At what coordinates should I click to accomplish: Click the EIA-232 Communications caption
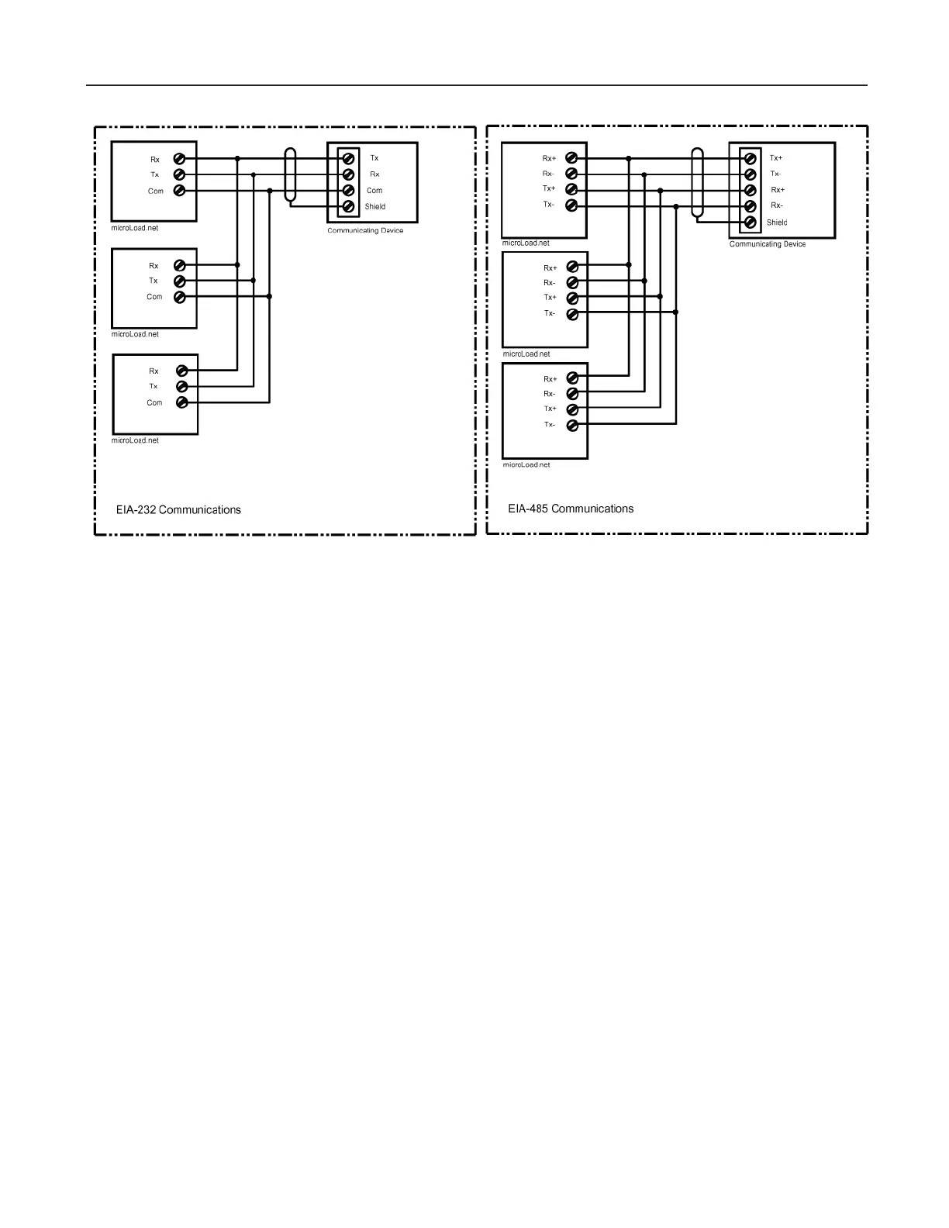coord(178,510)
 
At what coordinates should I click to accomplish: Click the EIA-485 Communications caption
coord(571,509)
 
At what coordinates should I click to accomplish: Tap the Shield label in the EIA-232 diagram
coord(375,207)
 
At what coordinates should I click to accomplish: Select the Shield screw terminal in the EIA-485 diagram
coord(750,222)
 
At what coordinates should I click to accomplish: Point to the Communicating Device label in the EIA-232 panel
coord(365,231)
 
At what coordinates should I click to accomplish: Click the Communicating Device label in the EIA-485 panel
coord(767,244)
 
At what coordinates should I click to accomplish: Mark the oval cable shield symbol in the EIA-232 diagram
coord(291,177)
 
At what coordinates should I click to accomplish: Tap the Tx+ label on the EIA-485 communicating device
coord(776,158)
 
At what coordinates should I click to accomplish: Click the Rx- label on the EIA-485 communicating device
coord(776,206)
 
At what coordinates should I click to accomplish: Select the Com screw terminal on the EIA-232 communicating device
coord(349,191)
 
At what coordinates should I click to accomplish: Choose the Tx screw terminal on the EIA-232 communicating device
coord(349,158)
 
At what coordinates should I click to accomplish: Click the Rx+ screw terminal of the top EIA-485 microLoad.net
coord(571,158)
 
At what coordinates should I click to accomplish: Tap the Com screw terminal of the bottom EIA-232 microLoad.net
coord(181,402)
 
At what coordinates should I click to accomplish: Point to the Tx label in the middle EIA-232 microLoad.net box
coord(154,281)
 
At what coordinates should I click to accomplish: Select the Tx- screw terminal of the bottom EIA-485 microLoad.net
coord(572,425)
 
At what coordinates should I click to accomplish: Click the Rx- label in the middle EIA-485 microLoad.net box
coord(549,283)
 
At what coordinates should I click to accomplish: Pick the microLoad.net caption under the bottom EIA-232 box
coord(135,440)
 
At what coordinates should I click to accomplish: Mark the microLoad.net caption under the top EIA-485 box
coord(526,243)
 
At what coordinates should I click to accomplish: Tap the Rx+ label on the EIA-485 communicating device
coord(778,190)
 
